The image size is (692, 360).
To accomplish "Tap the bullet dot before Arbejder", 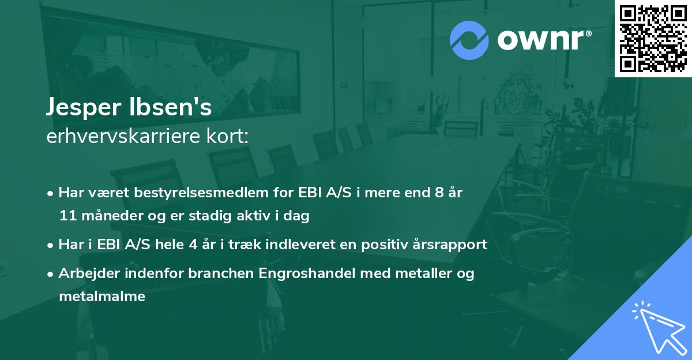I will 51,273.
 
